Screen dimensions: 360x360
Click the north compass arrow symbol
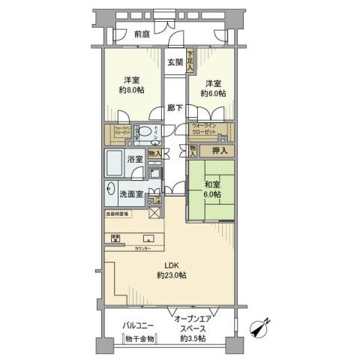click(x=262, y=327)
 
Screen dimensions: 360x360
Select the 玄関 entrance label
click(x=175, y=61)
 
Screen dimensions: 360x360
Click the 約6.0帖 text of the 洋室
click(x=213, y=93)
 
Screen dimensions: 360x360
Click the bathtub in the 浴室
click(x=116, y=162)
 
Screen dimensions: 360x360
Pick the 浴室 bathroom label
click(x=136, y=159)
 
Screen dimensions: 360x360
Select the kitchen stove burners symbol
click(x=117, y=238)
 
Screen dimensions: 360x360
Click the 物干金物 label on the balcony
click(x=139, y=338)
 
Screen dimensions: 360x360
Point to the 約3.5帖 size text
click(x=196, y=338)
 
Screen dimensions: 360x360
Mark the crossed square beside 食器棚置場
click(x=155, y=212)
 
